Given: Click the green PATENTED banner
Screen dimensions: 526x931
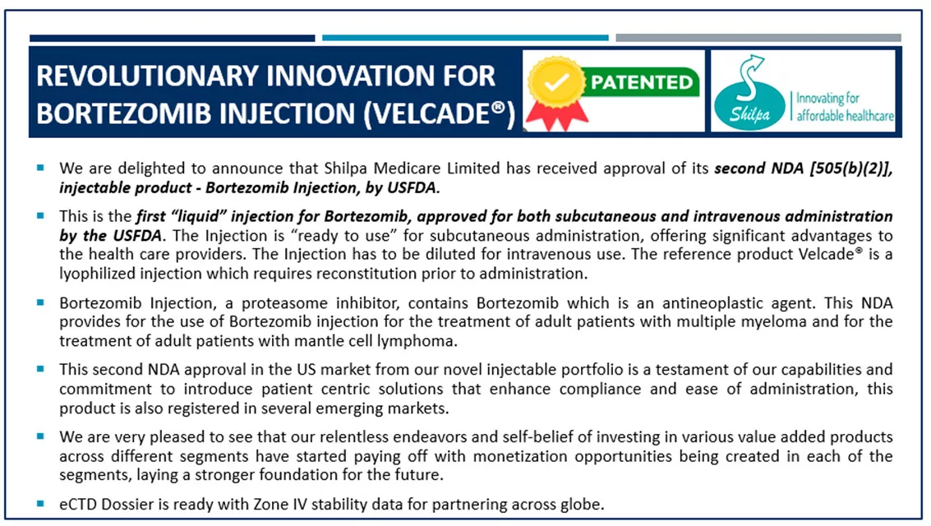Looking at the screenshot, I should click(641, 83).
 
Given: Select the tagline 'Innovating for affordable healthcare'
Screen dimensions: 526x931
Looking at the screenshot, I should click(844, 107).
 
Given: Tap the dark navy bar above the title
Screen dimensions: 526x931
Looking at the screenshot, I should click(172, 38).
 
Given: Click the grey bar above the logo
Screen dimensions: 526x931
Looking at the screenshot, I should click(758, 38).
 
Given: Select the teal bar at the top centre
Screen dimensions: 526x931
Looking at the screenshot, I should click(465, 38).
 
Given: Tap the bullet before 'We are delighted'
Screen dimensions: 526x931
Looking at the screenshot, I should click(40, 168).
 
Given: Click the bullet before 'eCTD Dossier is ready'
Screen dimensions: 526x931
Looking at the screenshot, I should click(40, 503).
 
